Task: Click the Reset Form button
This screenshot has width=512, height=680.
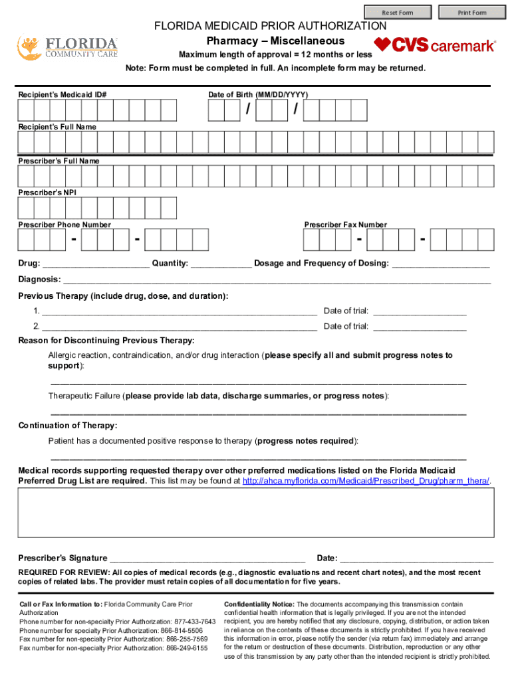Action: click(398, 12)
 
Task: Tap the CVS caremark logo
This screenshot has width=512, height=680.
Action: click(435, 45)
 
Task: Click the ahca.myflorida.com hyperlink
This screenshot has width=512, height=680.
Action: click(366, 481)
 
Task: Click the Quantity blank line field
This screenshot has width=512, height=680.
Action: click(221, 264)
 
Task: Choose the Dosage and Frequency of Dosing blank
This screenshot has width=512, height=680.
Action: click(441, 264)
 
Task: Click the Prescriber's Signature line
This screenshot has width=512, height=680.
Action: click(207, 558)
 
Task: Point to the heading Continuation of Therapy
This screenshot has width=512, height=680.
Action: click(68, 426)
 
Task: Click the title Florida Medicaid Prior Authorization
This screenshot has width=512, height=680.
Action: click(270, 27)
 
